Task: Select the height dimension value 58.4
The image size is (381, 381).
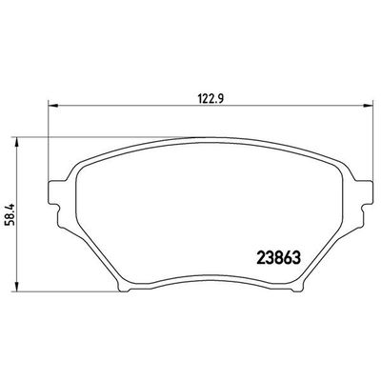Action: point(13,211)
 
